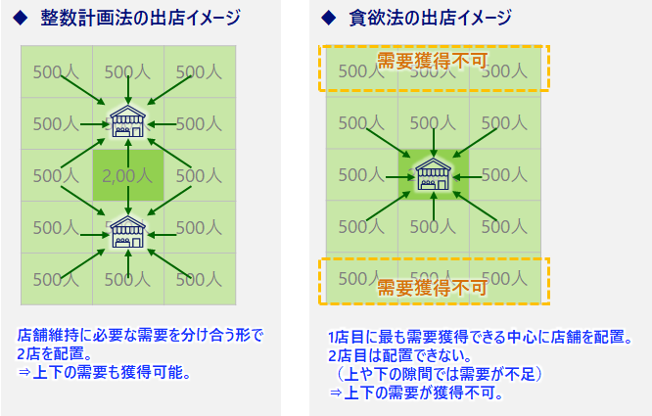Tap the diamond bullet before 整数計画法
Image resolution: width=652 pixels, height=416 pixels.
[x=20, y=18]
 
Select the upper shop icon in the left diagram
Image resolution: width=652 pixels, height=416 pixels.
[x=127, y=121]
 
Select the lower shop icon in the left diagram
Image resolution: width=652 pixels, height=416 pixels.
[x=127, y=231]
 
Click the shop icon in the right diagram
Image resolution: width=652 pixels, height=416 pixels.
[x=433, y=174]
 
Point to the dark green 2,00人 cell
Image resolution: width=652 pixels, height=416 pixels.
[x=127, y=176]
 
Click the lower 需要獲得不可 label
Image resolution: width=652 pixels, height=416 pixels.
[x=432, y=288]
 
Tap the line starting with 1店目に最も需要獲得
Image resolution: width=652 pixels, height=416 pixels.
[x=480, y=338]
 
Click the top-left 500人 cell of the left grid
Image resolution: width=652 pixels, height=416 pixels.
[x=55, y=71]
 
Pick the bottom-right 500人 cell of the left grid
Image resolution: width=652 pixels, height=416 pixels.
[x=199, y=279]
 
